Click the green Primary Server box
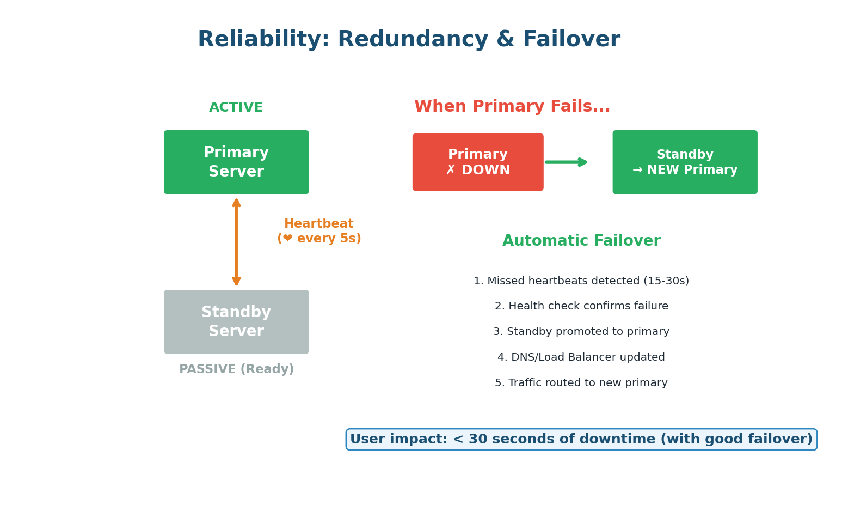pos(236,162)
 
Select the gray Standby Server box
pos(236,321)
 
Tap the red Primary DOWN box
pos(477,162)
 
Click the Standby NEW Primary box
pos(685,162)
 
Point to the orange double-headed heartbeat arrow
pos(236,242)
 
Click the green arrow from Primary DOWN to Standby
pos(567,162)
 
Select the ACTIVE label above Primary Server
pos(236,108)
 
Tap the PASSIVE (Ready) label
pos(236,369)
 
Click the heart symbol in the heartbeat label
pos(287,239)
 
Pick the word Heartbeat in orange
pos(318,224)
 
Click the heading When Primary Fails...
pos(512,107)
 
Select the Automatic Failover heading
pos(581,241)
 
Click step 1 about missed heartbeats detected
pos(581,281)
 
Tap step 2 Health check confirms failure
pos(581,306)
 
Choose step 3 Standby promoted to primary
pos(581,332)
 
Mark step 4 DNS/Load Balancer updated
pos(581,357)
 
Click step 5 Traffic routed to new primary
pos(581,383)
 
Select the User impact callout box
pos(581,439)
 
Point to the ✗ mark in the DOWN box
pos(451,171)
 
